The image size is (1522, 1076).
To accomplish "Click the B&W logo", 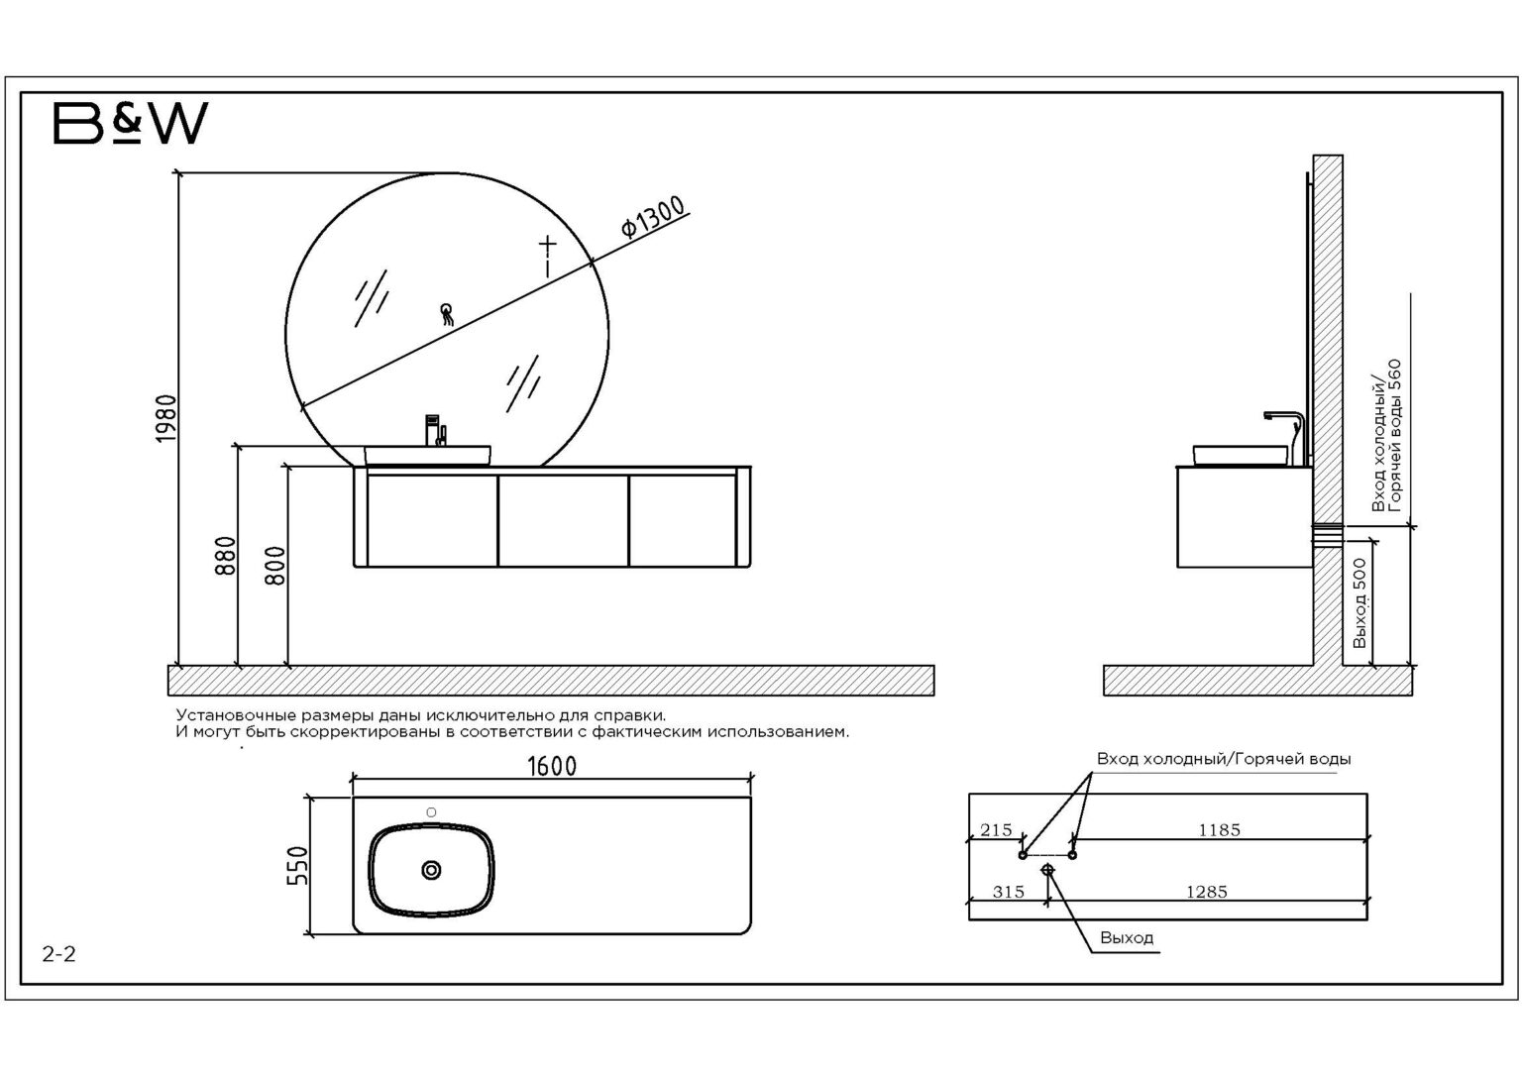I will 130,123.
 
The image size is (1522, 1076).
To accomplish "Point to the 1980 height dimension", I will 166,418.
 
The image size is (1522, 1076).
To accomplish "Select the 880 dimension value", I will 225,556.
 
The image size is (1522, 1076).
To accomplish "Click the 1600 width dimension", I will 552,766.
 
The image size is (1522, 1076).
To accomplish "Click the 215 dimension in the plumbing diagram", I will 996,830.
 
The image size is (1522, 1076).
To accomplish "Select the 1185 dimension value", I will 1219,830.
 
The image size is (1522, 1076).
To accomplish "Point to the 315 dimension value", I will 1008,892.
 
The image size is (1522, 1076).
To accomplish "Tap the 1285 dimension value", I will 1206,892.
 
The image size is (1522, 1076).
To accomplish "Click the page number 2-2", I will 59,955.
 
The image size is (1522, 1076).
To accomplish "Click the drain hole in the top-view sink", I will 431,870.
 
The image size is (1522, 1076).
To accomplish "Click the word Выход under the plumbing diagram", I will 1127,937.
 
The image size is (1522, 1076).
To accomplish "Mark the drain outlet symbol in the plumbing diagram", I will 1048,870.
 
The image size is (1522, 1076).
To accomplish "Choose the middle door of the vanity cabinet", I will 563,520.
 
